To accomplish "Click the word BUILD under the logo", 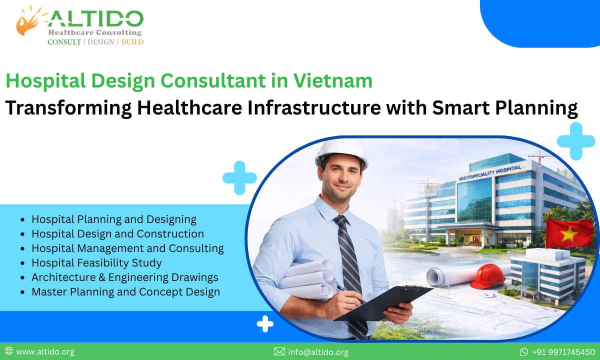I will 132,42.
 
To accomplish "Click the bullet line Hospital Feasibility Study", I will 96,262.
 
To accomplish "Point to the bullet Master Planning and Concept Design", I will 125,291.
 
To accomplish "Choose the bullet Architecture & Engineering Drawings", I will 124,277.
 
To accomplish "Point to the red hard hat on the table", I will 487,276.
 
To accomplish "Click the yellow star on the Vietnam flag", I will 568,234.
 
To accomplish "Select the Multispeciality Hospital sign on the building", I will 489,172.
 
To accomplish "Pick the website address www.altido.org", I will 45,352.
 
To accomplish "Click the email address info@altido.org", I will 318,352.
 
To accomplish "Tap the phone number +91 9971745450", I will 563,352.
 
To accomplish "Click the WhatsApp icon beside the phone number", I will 524,352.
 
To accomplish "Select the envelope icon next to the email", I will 279,352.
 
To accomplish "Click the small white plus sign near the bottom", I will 265,324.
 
